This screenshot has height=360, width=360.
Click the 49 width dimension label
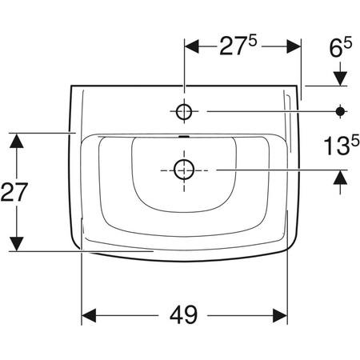(183, 315)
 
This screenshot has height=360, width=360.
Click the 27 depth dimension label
(14, 192)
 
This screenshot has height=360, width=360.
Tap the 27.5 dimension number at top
(238, 46)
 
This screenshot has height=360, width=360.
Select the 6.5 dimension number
(341, 47)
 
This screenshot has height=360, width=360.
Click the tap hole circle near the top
(184, 111)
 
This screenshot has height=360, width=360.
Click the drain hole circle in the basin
(184, 170)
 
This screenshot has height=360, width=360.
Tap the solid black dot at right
(340, 111)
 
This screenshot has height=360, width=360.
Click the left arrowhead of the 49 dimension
(89, 315)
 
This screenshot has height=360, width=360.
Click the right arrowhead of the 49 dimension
(280, 315)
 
